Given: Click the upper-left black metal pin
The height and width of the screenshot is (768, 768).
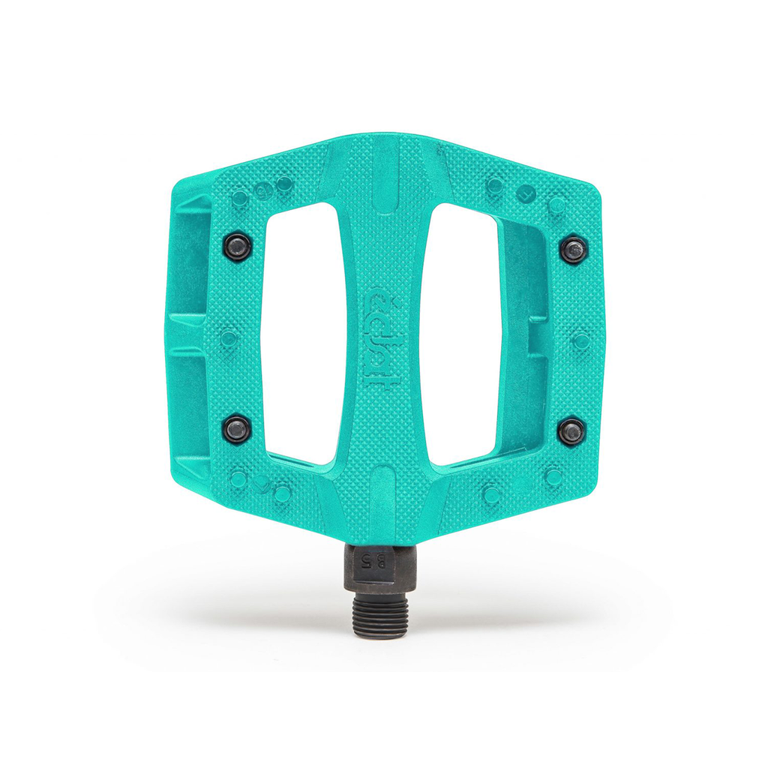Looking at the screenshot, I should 237,245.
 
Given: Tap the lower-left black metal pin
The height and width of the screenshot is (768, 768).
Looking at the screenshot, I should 237,430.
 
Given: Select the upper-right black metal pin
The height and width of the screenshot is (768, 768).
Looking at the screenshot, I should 573,250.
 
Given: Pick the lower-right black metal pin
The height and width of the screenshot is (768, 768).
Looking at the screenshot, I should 571,432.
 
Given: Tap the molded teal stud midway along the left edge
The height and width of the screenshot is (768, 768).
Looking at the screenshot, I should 229,338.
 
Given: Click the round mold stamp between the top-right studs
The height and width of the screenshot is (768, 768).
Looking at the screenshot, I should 527,193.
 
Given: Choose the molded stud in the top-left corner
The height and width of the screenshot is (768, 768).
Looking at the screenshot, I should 239,199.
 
